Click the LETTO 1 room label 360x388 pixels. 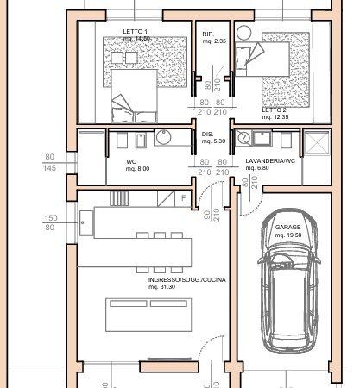[x=135, y=31]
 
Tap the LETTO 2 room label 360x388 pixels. [x=274, y=110]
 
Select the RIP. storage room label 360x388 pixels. [x=208, y=34]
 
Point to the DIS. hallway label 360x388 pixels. [x=207, y=135]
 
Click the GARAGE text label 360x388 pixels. [x=287, y=228]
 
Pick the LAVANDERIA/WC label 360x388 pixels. [x=270, y=161]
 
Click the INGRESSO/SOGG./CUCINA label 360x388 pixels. [x=187, y=279]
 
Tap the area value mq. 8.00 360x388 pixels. [x=137, y=169]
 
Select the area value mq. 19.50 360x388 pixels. [x=288, y=235]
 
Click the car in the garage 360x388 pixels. [x=289, y=281]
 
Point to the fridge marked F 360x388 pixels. [x=183, y=198]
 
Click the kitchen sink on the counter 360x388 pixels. [x=85, y=222]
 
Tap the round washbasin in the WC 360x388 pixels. [x=164, y=137]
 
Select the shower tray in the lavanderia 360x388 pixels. [x=317, y=143]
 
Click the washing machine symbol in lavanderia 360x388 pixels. [x=243, y=138]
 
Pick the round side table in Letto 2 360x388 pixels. [x=244, y=33]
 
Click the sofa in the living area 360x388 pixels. [x=148, y=315]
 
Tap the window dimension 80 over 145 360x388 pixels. [x=49, y=162]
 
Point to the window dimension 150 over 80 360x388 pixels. [x=51, y=222]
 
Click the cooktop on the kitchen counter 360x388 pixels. [x=119, y=198]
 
